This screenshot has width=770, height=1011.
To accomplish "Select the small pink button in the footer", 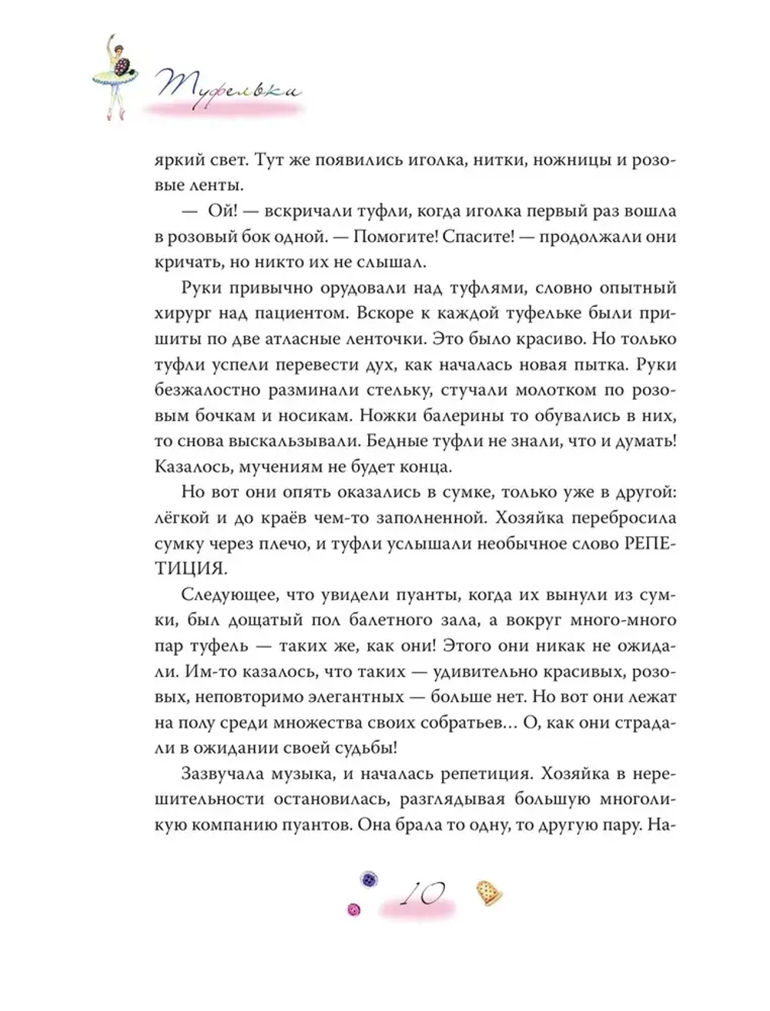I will coord(355,909).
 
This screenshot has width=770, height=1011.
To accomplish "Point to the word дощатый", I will coord(258,621).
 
